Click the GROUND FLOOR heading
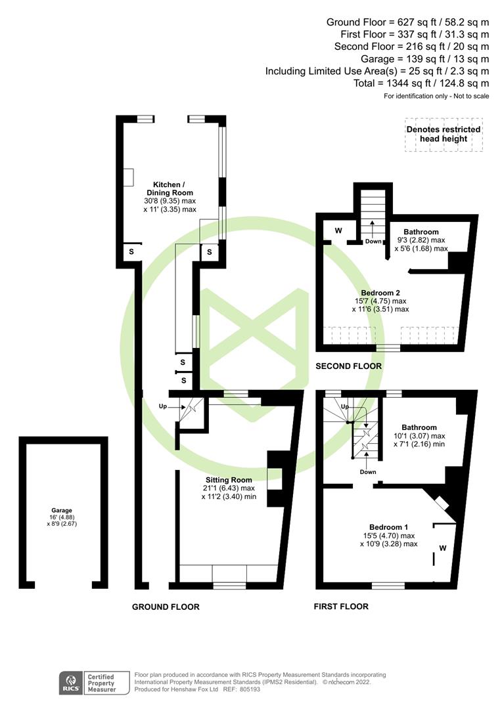coord(166,607)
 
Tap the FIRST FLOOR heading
coord(341,606)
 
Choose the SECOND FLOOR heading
coord(348,366)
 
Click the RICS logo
coord(70,682)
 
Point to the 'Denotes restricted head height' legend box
coord(444,135)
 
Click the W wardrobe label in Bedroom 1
coord(442,547)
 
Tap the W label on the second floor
coord(338,230)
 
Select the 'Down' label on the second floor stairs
coord(373,241)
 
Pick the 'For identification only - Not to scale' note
coord(436,97)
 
